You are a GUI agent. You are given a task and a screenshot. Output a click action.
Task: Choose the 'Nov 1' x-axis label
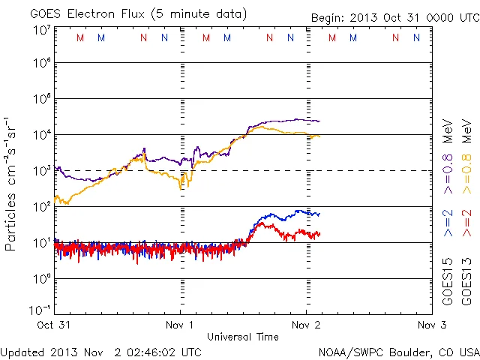181,325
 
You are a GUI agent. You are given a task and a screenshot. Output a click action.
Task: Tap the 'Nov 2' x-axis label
305,325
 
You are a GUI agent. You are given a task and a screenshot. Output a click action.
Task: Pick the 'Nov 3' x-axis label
430,325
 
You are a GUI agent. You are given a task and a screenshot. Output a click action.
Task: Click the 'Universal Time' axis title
243,337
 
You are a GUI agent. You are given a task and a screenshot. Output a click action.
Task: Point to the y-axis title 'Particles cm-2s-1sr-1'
13,183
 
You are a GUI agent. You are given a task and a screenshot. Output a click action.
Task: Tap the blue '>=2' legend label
448,223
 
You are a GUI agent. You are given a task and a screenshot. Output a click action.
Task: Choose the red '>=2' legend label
466,223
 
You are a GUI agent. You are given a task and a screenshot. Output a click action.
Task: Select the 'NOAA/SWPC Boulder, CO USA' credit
398,351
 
